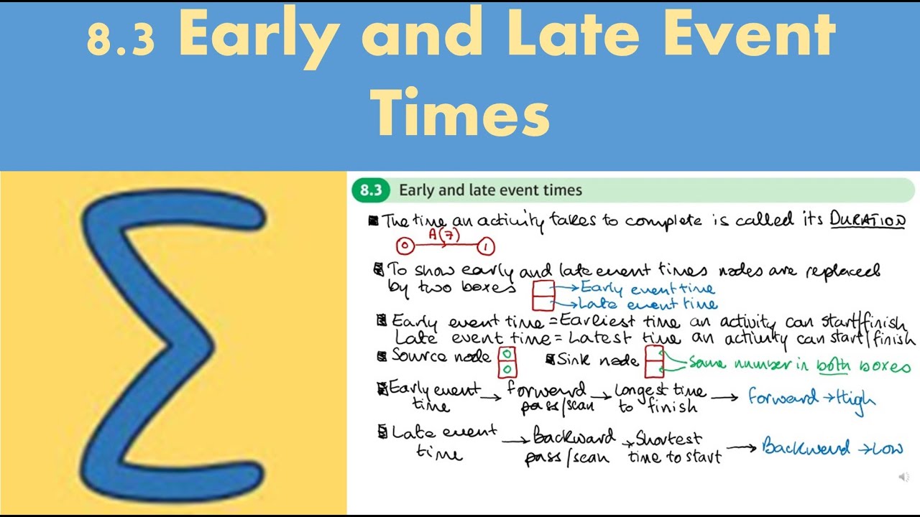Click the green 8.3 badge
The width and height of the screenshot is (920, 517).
[x=371, y=190]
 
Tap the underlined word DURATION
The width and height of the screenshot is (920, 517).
[x=868, y=220]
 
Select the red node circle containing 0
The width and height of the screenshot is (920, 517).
[x=405, y=247]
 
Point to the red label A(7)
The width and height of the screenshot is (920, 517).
[x=443, y=234]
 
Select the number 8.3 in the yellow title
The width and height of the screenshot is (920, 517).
[x=121, y=39]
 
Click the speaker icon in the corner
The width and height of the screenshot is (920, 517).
[x=903, y=477]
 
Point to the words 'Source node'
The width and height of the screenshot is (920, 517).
[x=441, y=357]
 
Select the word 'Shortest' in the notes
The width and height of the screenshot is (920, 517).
[x=668, y=439]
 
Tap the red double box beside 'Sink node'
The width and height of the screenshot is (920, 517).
[x=654, y=361]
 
